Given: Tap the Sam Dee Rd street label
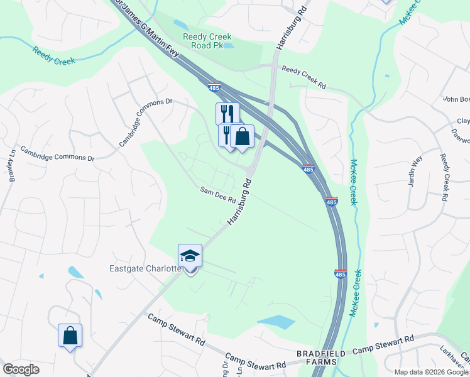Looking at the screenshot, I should (x=217, y=194).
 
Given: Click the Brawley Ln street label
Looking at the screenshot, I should (x=11, y=170).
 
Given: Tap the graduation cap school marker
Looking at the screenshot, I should (x=190, y=256).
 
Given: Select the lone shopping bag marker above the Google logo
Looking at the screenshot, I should (x=70, y=336).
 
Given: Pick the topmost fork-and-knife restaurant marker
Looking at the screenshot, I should (x=227, y=114).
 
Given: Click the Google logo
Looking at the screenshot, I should (x=21, y=369).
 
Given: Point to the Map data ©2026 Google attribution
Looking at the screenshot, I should (x=431, y=372).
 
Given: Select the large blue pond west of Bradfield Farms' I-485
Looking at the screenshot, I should (x=276, y=322).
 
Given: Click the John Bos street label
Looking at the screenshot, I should (x=456, y=99).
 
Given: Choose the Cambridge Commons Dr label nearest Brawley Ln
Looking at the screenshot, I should (x=57, y=154).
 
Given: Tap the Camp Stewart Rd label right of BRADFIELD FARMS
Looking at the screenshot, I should (x=383, y=344).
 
